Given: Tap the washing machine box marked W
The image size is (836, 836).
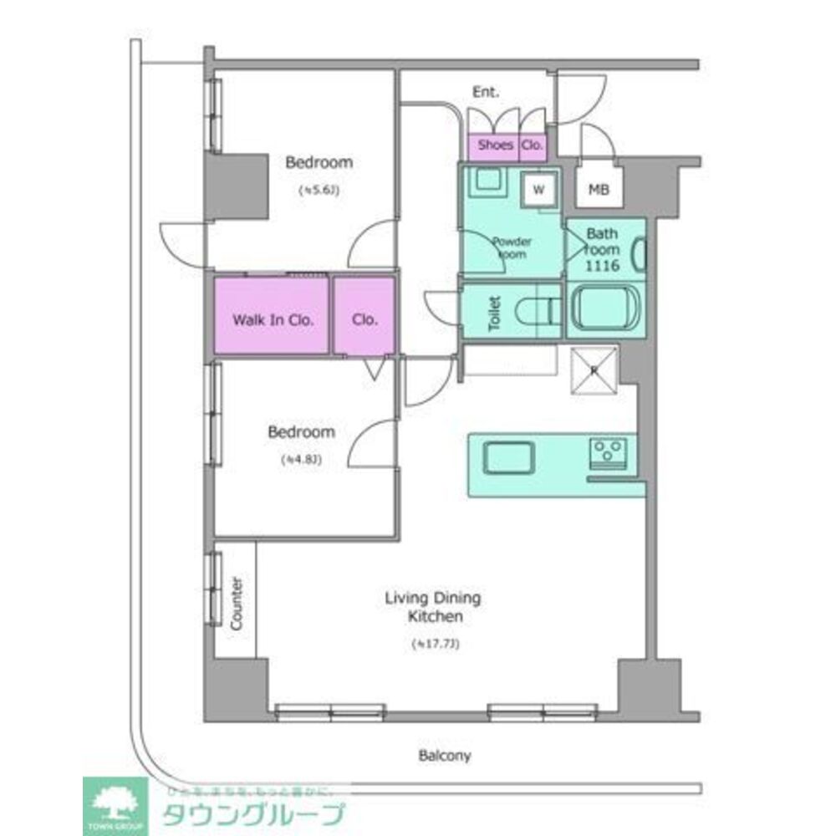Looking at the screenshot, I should [x=539, y=190].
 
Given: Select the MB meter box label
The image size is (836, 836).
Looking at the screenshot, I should [x=598, y=190].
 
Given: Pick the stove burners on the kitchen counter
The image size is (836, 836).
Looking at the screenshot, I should [x=609, y=453].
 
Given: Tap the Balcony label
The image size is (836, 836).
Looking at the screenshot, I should [x=445, y=757].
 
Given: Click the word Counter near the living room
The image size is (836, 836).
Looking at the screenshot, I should [x=236, y=604].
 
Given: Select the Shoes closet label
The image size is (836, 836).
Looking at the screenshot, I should [x=495, y=145].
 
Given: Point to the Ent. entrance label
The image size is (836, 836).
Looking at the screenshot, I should [x=486, y=92].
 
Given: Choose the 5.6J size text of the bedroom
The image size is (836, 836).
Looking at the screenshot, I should [x=319, y=190].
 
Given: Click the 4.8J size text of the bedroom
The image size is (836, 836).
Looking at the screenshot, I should [x=301, y=459].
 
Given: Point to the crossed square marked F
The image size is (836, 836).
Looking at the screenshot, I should [x=594, y=369].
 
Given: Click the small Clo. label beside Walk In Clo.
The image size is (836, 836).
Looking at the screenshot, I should [x=365, y=319].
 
